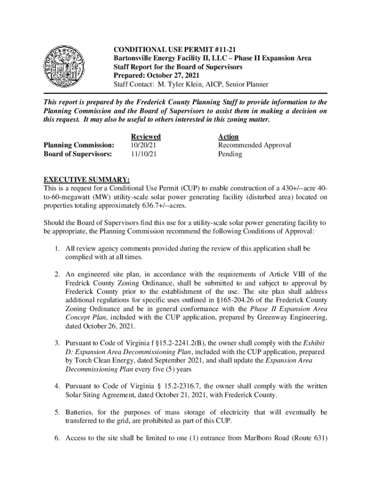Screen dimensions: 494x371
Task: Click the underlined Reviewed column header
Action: pyautogui.click(x=146, y=137)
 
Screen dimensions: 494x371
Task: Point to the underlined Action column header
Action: pyautogui.click(x=228, y=137)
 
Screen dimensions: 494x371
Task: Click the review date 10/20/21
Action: pyautogui.click(x=143, y=145)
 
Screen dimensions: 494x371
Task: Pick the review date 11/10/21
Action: pyautogui.click(x=143, y=154)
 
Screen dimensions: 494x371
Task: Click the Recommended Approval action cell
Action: pyautogui.click(x=254, y=145)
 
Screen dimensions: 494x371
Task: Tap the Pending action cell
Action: pyautogui.click(x=230, y=154)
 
